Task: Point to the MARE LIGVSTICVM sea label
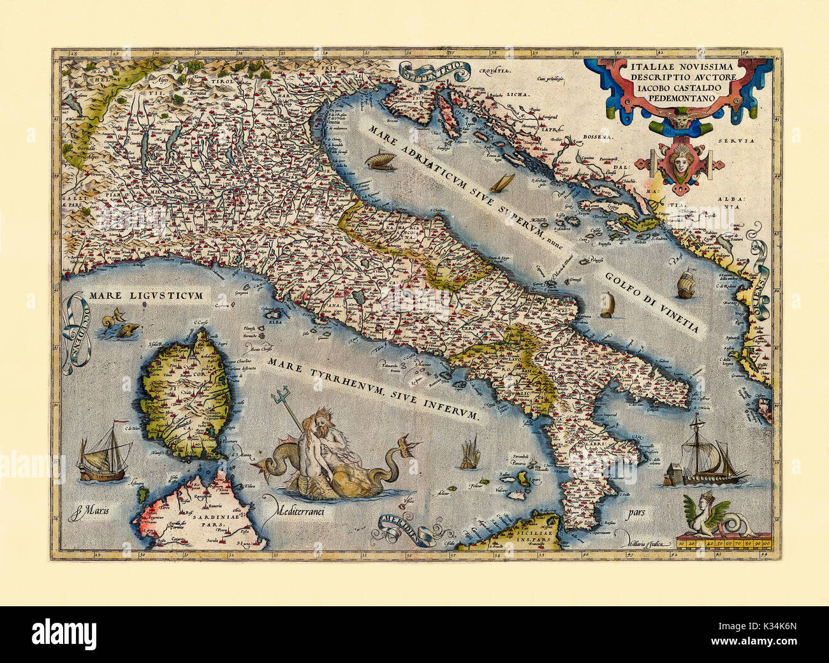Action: pyautogui.click(x=146, y=296)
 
